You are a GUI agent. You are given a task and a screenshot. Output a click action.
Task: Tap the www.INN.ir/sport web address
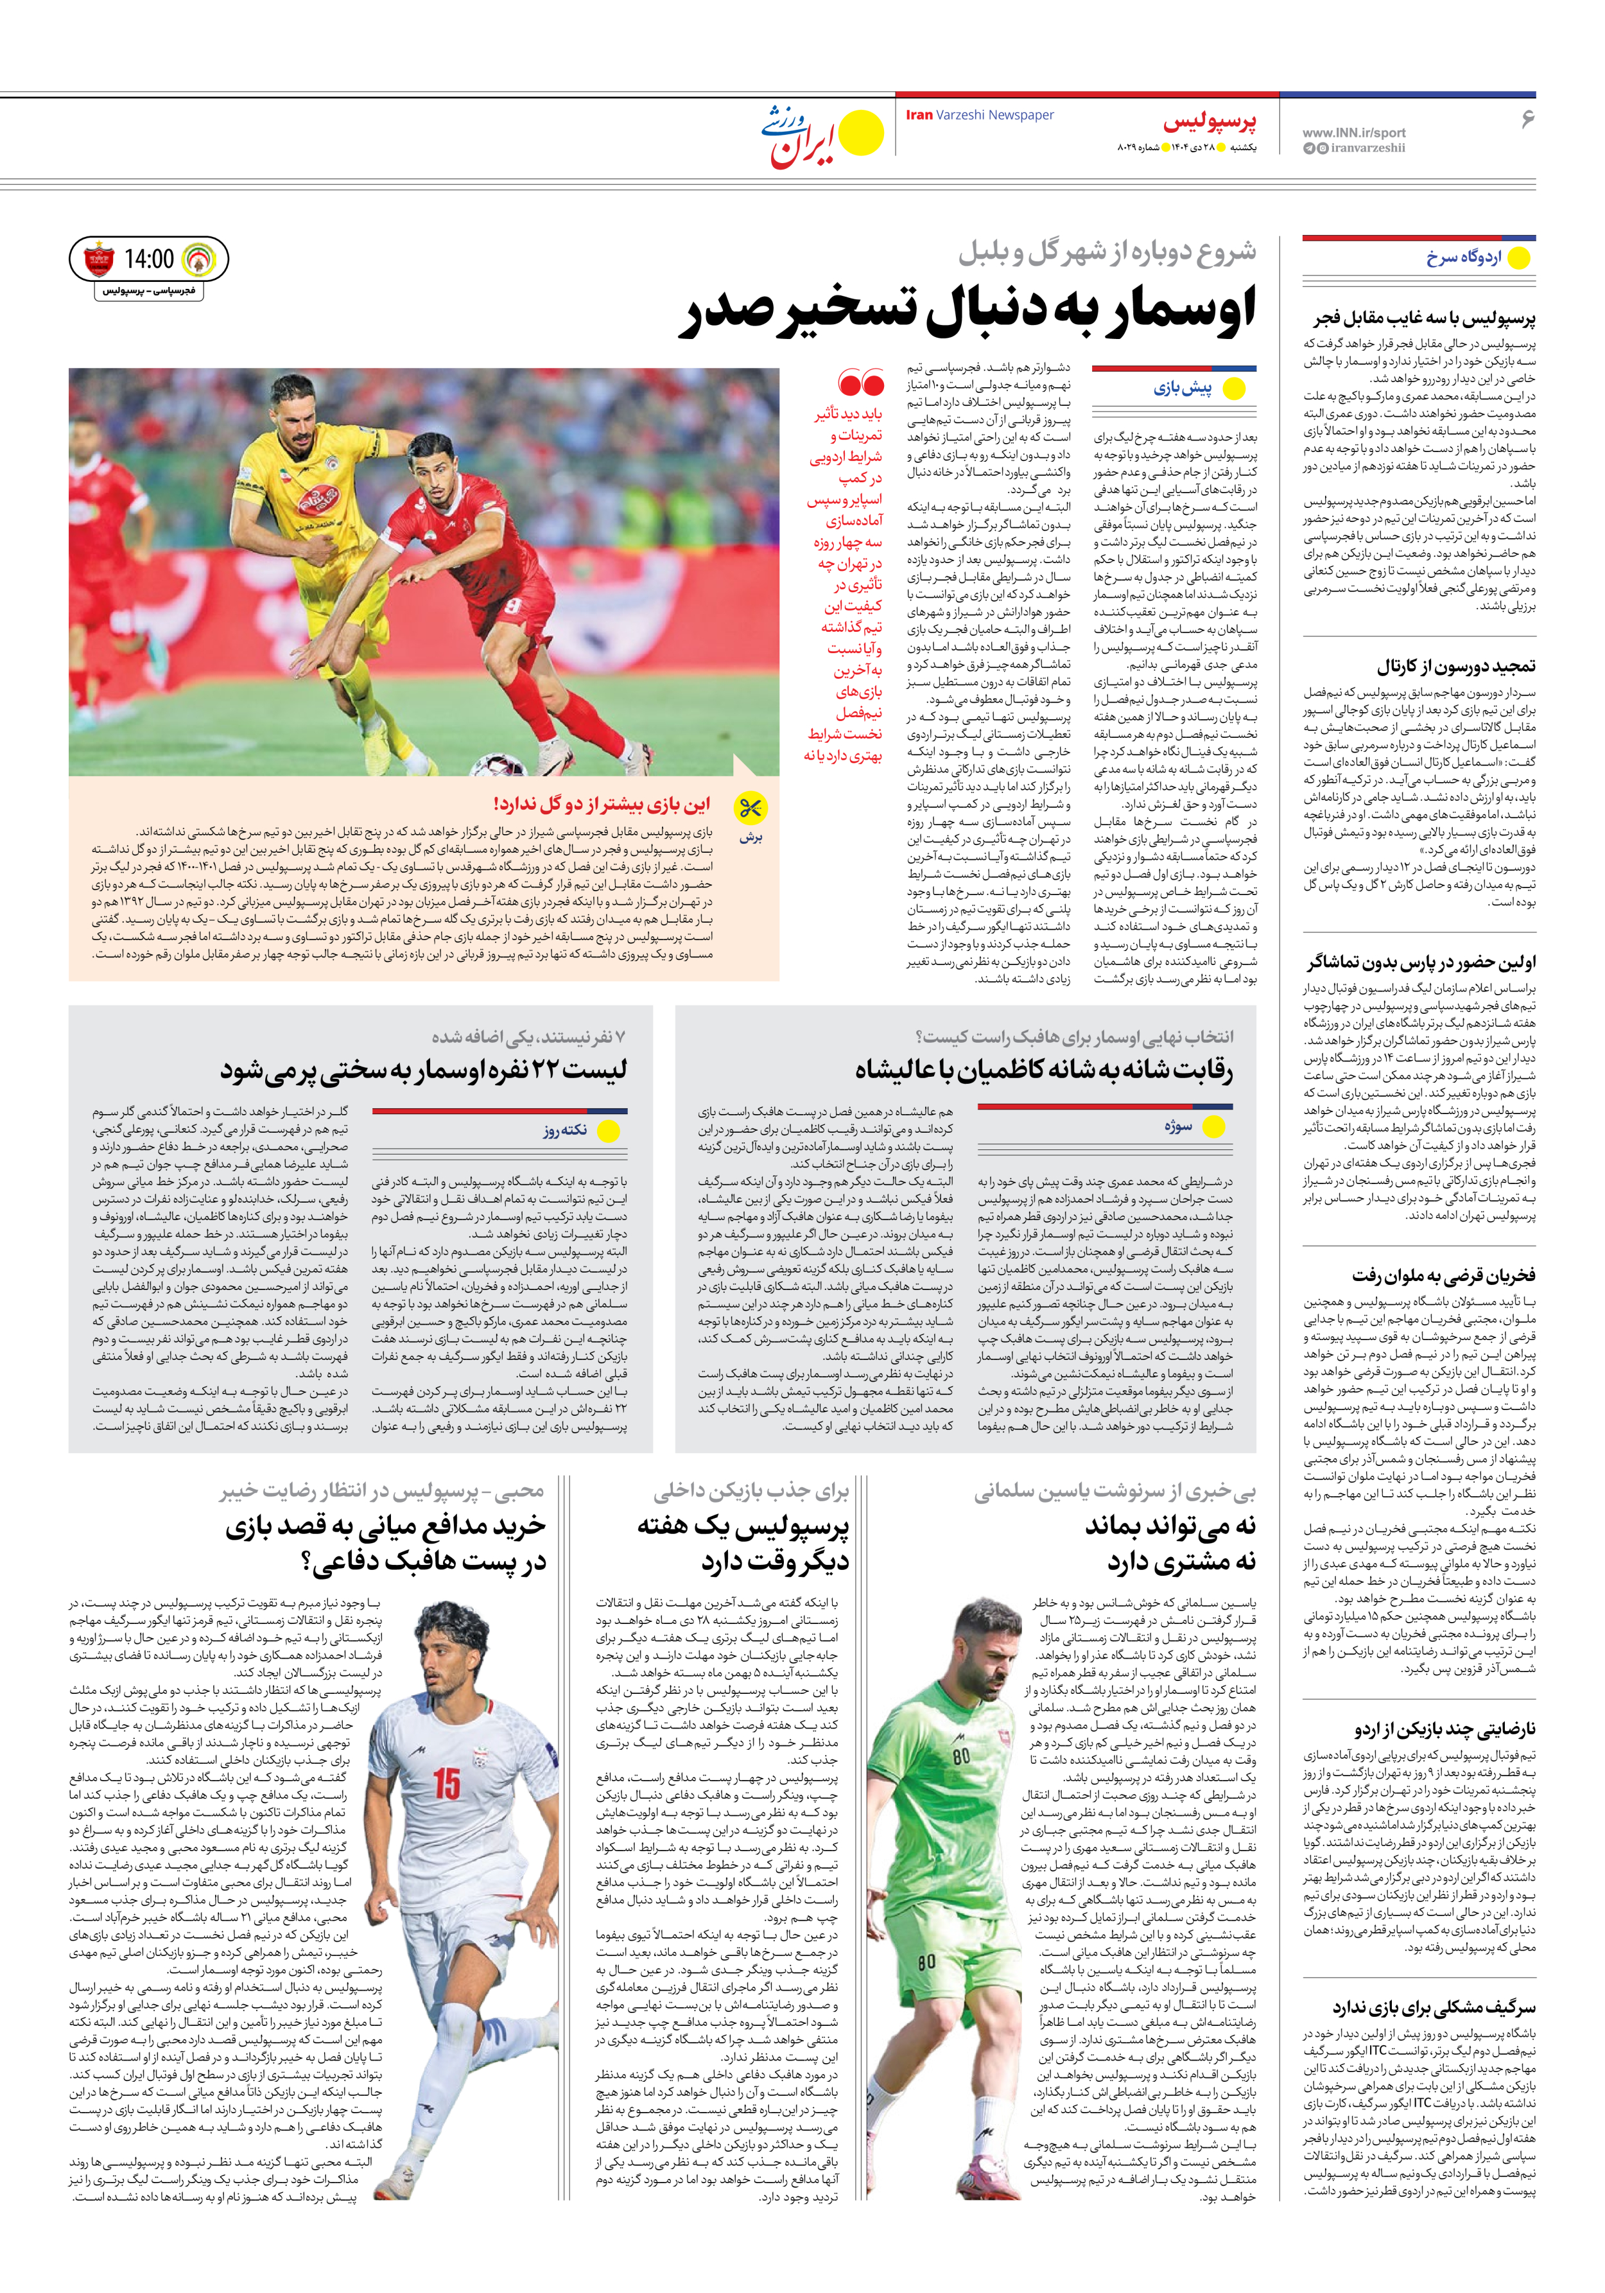tap(1353, 132)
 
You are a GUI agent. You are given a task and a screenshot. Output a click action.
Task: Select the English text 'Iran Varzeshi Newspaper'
tap(980, 115)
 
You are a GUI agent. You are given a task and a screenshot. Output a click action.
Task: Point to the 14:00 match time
tap(149, 259)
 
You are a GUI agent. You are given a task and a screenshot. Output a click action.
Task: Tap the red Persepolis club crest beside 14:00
tap(99, 259)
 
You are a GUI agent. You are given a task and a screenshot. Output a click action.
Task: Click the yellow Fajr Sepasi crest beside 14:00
tap(199, 259)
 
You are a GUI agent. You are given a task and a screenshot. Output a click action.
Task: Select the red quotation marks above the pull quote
tap(861, 383)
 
